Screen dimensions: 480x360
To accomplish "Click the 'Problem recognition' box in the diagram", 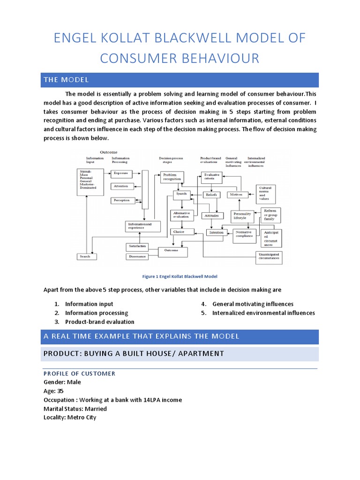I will point(172,177).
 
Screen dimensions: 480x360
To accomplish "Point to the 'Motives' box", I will point(237,194).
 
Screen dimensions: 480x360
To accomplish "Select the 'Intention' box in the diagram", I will point(216,232).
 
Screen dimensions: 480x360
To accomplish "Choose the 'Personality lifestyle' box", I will point(242,216).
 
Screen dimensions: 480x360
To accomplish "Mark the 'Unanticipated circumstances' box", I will point(269,256).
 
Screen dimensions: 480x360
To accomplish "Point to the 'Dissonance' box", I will point(137,256).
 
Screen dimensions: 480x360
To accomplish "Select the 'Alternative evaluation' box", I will point(181,215).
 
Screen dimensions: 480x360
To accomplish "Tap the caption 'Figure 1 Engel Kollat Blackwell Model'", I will point(180,277).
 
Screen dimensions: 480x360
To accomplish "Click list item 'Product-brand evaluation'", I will point(99,322).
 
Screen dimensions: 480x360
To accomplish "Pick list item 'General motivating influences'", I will point(253,304).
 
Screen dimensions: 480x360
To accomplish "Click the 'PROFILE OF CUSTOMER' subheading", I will point(79,374).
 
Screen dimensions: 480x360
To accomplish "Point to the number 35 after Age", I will point(60,391).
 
